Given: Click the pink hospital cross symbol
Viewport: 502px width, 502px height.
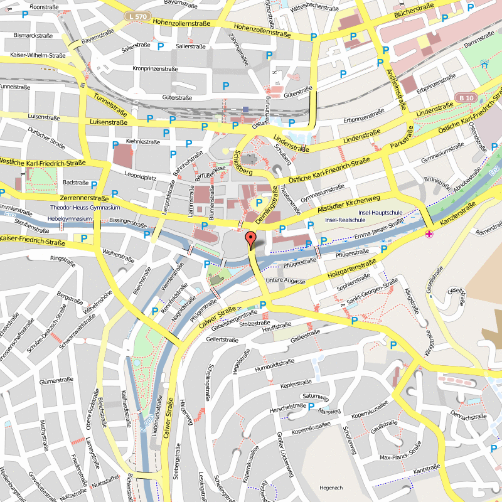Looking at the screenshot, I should pyautogui.click(x=429, y=234).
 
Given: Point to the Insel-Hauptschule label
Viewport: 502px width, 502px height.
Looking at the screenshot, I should pyautogui.click(x=381, y=213).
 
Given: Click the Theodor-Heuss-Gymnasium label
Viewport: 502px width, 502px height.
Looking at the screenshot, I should pyautogui.click(x=85, y=208).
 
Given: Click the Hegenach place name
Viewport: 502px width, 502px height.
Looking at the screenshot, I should pyautogui.click(x=331, y=488).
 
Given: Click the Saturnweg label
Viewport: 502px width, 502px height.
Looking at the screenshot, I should pyautogui.click(x=315, y=397).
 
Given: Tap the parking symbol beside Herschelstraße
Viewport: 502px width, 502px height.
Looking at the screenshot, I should pyautogui.click(x=311, y=406).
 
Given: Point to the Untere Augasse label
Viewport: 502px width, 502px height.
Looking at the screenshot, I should pyautogui.click(x=285, y=280).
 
